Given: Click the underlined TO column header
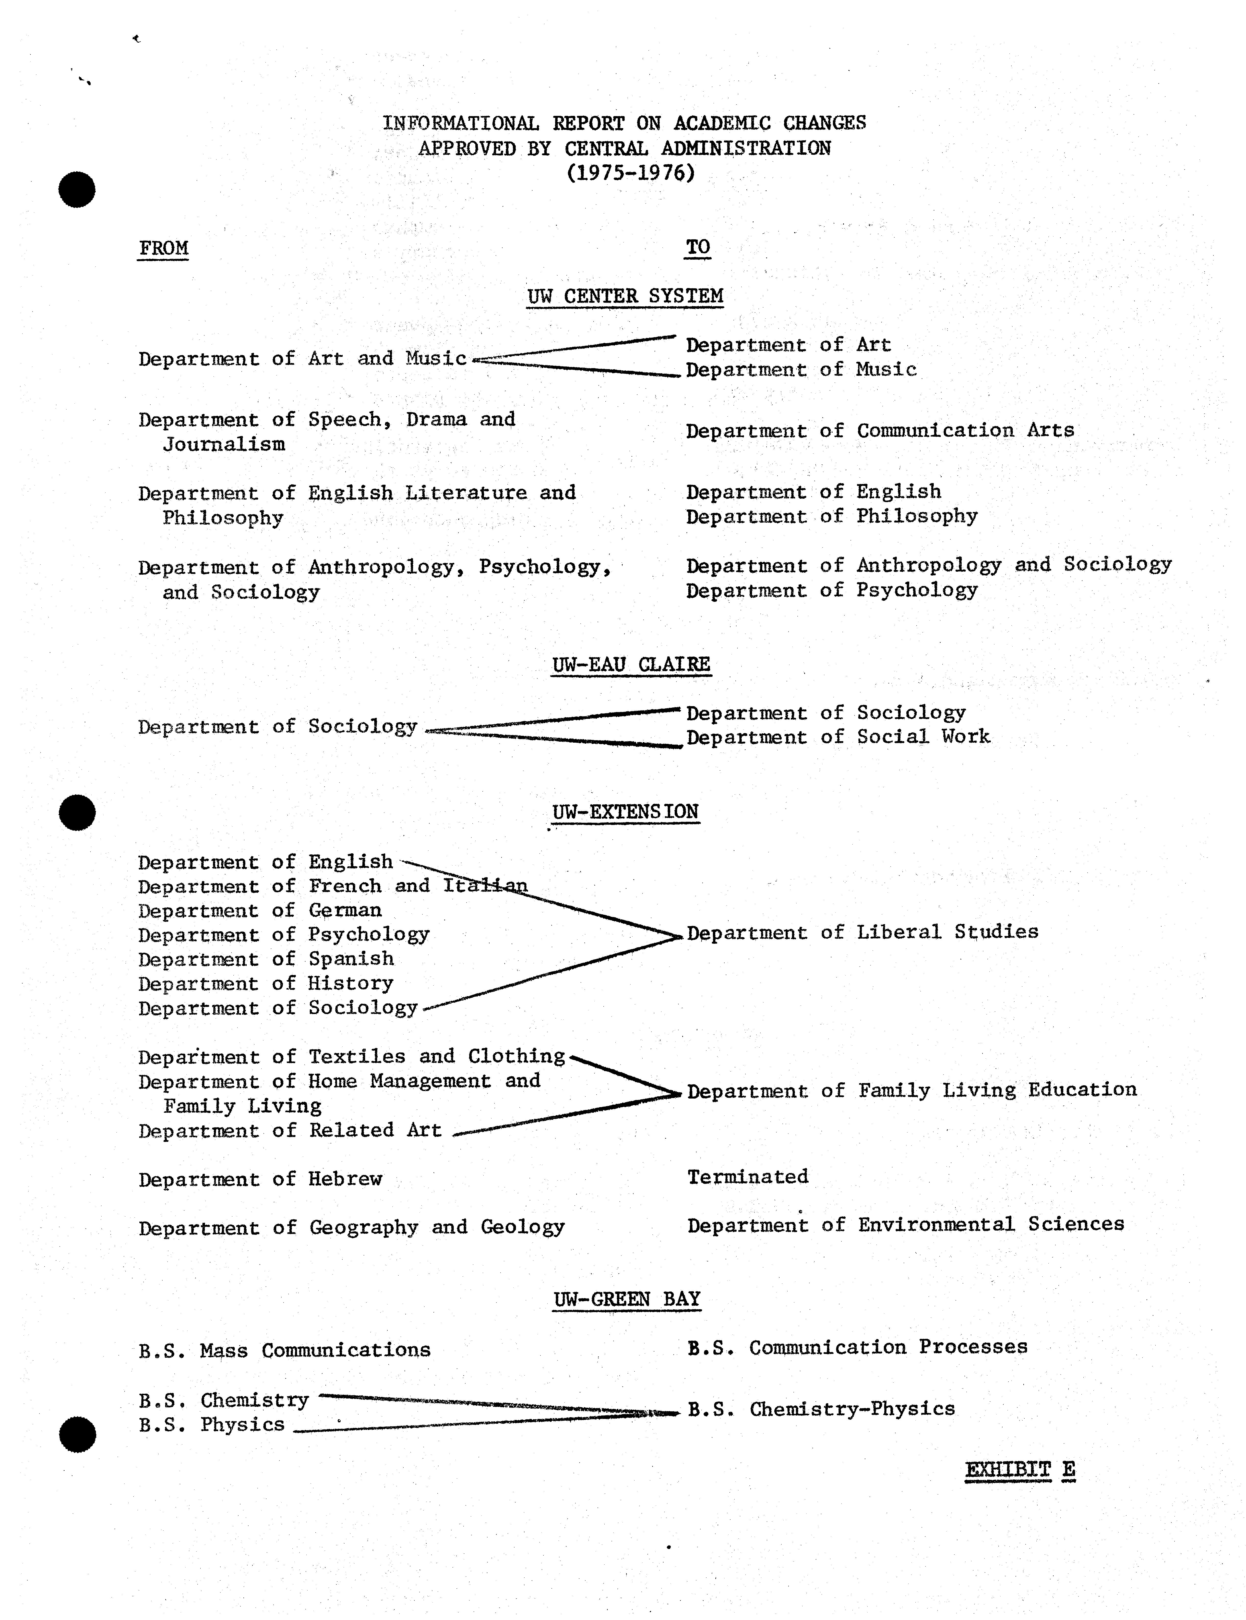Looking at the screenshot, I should coord(697,247).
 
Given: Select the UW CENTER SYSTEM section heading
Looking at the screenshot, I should coord(624,296).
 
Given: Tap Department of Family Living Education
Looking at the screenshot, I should coord(911,1090).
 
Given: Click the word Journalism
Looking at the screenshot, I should coord(224,444).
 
